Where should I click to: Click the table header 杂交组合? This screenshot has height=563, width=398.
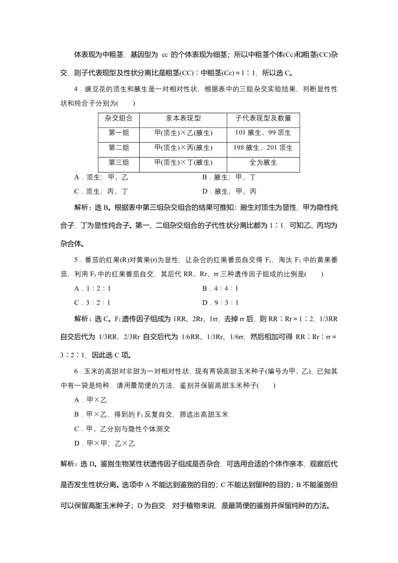pos(119,118)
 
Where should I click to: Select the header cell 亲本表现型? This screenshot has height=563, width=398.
pos(183,118)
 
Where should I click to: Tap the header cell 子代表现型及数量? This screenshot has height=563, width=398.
pos(263,118)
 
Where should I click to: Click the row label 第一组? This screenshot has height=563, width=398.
pos(119,133)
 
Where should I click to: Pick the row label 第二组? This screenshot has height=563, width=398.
pos(119,148)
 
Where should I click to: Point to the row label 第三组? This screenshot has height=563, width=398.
pos(119,162)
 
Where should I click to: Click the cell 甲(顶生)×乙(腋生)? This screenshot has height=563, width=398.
pos(183,133)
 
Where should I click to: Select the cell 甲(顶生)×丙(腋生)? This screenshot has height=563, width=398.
pos(183,148)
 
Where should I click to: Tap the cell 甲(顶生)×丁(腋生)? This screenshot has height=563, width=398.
pos(183,162)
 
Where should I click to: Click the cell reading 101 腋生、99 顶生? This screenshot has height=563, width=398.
pos(263,133)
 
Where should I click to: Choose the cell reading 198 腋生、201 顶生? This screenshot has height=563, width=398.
pos(263,148)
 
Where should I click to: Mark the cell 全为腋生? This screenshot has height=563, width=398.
pos(263,162)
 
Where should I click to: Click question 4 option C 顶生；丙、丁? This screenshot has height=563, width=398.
pos(101,192)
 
